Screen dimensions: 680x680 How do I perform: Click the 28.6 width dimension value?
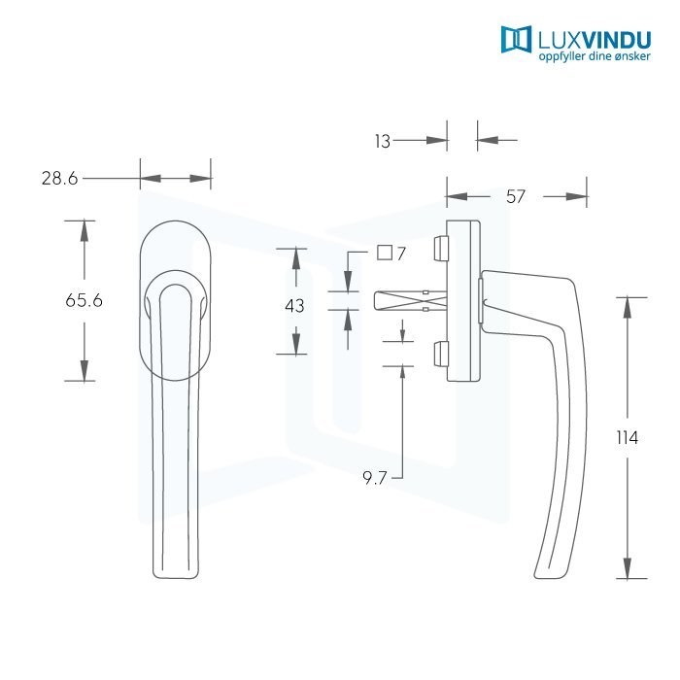coord(59,179)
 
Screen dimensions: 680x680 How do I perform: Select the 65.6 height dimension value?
coord(84,301)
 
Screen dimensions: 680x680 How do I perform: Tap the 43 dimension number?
coord(294,306)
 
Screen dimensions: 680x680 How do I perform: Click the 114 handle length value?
coord(628,438)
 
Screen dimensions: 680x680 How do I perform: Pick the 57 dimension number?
coord(516,197)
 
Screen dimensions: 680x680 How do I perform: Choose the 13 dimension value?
coord(382,142)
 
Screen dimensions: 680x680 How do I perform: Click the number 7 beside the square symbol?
coord(400,254)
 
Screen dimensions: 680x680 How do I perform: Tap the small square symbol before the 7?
coord(384,254)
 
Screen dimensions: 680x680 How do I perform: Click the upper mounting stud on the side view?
coord(437,248)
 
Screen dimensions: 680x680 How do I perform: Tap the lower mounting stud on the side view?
coord(437,354)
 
